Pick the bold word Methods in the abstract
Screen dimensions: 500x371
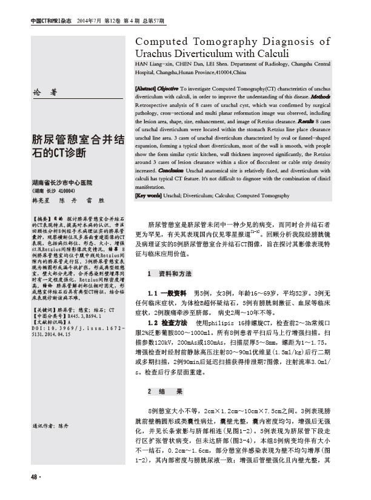[320, 96]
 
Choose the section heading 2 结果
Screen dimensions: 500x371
[162, 390]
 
